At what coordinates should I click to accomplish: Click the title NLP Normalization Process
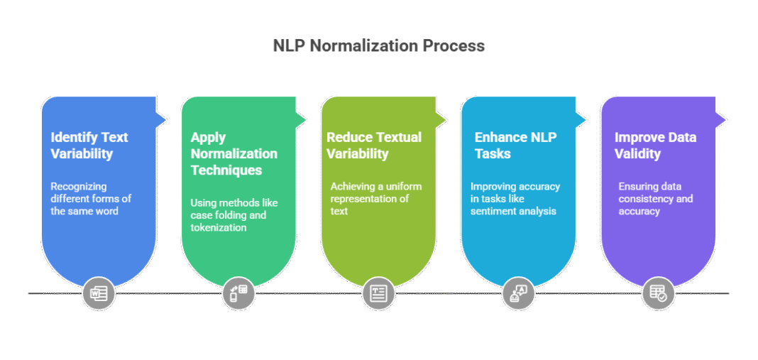[379, 46]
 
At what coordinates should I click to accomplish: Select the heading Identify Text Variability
[89, 145]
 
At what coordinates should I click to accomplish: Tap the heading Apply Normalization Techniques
[234, 153]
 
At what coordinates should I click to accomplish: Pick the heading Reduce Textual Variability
[373, 145]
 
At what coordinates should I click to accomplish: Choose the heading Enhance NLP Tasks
[510, 145]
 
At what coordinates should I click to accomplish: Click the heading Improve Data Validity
[655, 145]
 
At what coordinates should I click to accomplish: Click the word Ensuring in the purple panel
[639, 186]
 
